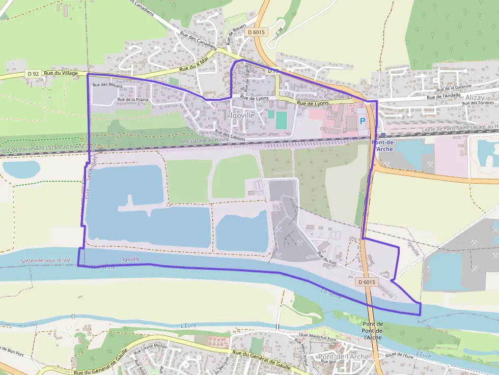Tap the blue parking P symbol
click(x=363, y=121)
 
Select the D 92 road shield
click(x=33, y=74)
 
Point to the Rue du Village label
click(x=61, y=73)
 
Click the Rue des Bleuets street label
click(x=108, y=85)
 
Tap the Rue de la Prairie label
click(x=133, y=100)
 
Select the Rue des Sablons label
click(x=229, y=136)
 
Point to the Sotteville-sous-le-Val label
click(x=45, y=261)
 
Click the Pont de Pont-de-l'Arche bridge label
click(x=373, y=331)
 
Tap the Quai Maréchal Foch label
click(x=319, y=335)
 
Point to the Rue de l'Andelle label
click(x=443, y=96)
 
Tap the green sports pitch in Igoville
click(x=281, y=120)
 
